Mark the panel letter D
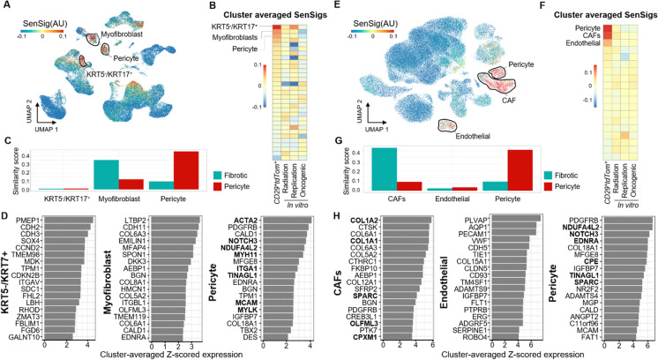[x=6, y=208]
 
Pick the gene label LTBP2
[x=132, y=218]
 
